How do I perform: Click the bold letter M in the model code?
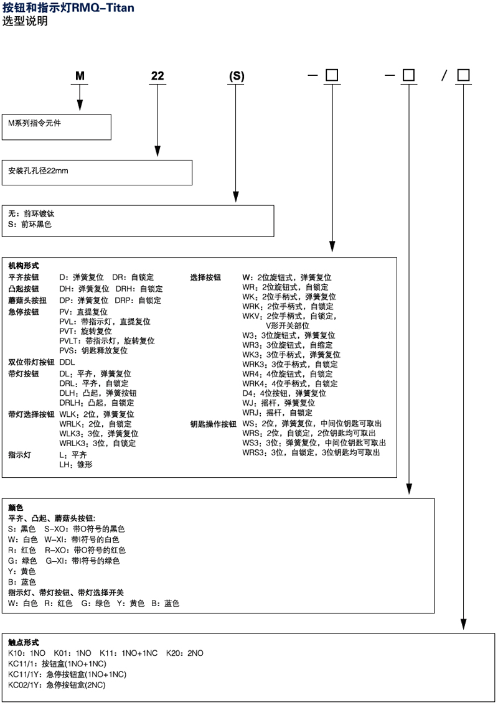(80, 76)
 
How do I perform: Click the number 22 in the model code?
(157, 76)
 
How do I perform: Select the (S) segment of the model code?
(237, 76)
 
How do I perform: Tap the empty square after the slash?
(464, 75)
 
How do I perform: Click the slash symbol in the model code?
(444, 76)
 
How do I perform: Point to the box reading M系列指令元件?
(56, 127)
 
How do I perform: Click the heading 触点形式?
(23, 642)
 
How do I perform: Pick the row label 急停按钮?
(23, 312)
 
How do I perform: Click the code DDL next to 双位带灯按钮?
(67, 362)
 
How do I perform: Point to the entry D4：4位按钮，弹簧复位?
(284, 393)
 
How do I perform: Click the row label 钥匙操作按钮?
(214, 424)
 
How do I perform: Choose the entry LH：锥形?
(75, 464)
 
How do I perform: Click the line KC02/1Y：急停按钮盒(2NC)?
(57, 684)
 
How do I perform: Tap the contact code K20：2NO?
(185, 653)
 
